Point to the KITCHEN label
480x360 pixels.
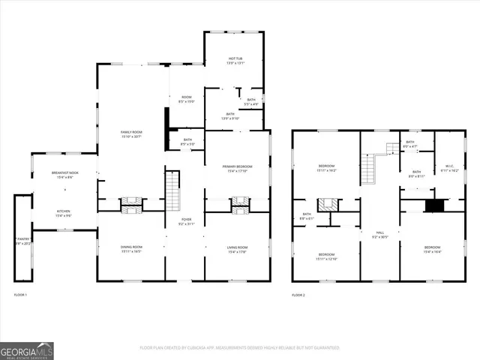[x=64, y=213]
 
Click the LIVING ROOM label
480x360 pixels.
[x=237, y=249]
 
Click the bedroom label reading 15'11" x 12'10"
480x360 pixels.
[x=327, y=256]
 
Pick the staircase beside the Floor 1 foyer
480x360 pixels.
[x=172, y=190]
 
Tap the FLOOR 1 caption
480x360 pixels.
[x=20, y=295]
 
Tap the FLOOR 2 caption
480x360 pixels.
[x=298, y=295]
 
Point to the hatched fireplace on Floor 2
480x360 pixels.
[x=326, y=204]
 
